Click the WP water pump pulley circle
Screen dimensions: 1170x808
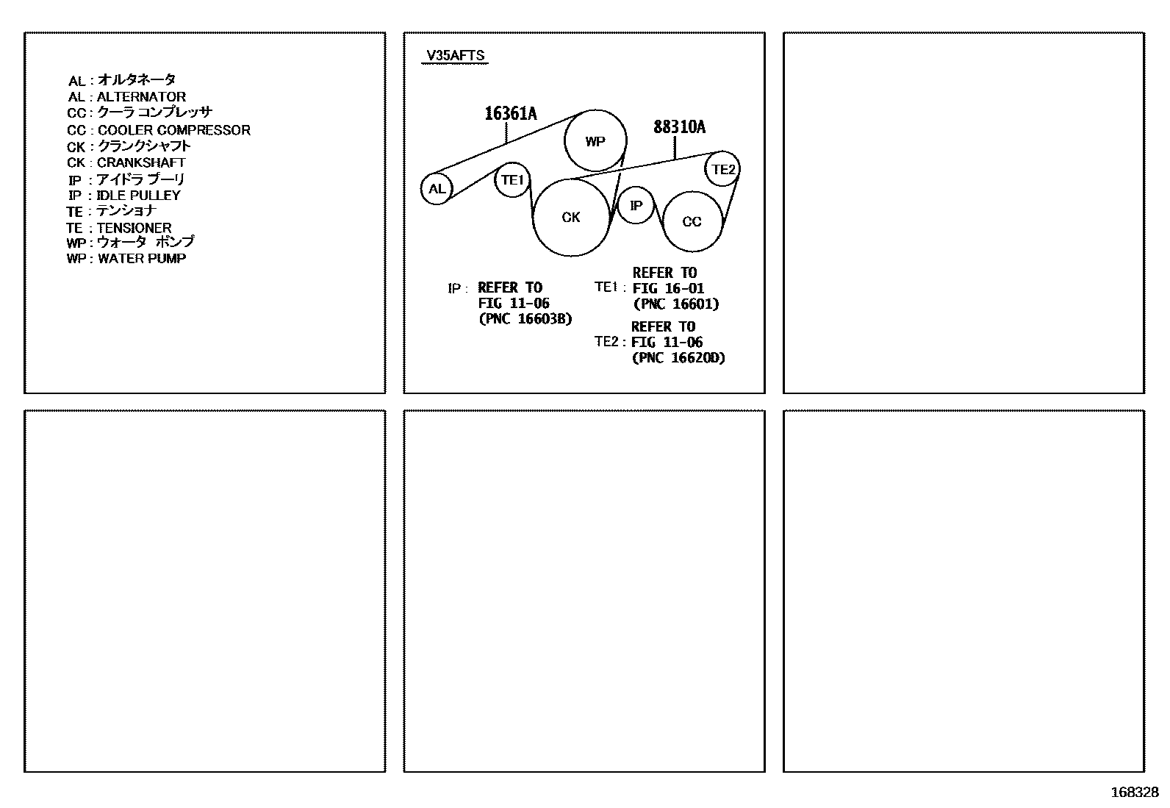595,141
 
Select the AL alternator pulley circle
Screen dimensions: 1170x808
437,189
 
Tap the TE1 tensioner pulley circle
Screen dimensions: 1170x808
512,179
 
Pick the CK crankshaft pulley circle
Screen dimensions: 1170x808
571,217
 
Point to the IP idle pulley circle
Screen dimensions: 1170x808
636,205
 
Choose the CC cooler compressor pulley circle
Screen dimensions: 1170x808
692,221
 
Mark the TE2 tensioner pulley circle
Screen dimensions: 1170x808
723,169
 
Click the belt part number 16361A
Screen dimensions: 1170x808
511,113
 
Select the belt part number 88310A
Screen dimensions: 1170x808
679,127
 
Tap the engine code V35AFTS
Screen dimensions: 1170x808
456,56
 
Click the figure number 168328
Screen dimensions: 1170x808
1134,793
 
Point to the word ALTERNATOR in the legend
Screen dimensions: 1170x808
141,96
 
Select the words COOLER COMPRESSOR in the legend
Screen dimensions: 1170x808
174,130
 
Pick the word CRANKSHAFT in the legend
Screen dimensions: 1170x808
141,162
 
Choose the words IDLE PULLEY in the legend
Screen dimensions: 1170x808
138,196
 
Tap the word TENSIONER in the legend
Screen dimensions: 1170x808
134,228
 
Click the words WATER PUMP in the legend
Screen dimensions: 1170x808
142,258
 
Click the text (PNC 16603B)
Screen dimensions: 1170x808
525,319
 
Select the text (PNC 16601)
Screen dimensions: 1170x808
676,304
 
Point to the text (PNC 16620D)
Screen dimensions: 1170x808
678,358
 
